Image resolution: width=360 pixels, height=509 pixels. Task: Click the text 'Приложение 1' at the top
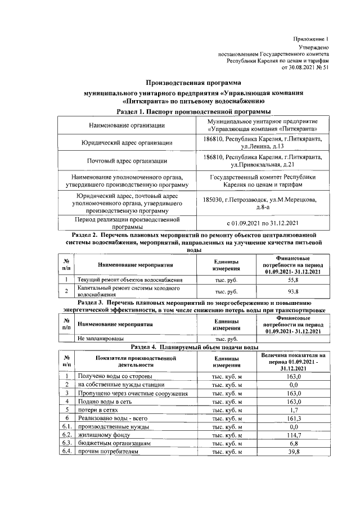[310, 38]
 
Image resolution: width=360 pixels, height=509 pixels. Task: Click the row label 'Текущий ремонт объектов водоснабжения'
[130, 280]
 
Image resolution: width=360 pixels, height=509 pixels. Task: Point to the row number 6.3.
[66, 444]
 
